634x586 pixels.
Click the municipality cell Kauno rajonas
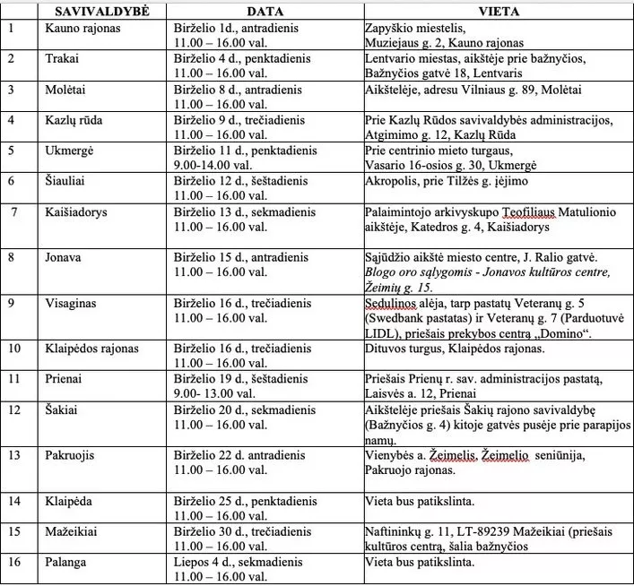tap(84, 28)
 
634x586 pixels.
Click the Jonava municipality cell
tap(65, 256)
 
